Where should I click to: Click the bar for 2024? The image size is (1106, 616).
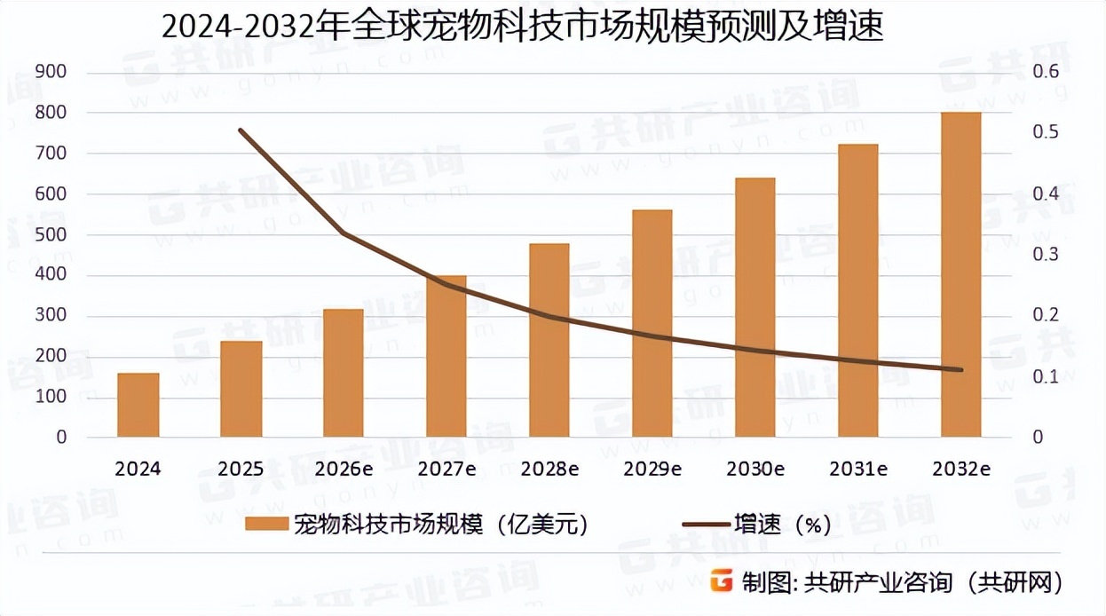138,405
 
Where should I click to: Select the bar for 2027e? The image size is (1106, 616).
446,357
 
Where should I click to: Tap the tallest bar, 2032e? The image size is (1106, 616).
961,275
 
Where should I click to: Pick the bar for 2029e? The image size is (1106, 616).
652,324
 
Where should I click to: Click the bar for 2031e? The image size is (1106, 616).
858,291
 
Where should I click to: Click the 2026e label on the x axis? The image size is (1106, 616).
343,469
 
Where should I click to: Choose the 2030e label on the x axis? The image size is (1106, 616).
755,469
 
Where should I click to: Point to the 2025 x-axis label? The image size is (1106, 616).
241,469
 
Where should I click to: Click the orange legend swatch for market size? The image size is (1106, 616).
266,525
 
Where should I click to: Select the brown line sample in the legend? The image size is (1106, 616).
706,525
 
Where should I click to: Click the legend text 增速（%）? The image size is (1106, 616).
782,525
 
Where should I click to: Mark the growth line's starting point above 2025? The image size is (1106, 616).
241,130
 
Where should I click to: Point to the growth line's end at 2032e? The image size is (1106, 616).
961,370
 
